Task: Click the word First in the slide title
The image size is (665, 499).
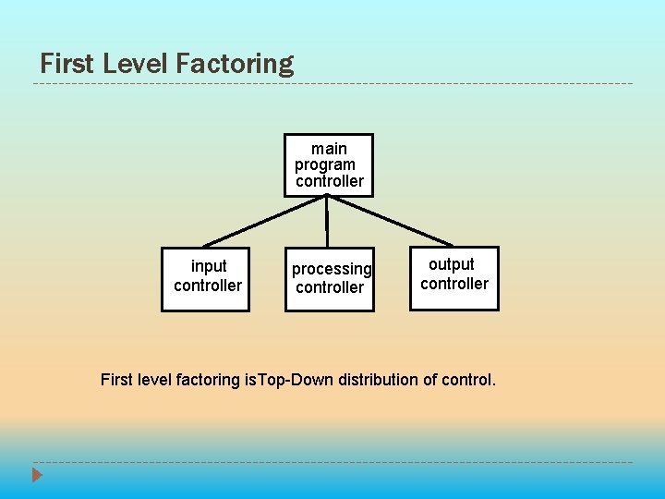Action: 67,64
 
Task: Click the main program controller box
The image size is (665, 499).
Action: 329,165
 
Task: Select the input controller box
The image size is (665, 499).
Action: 205,279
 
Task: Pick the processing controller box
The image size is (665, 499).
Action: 329,279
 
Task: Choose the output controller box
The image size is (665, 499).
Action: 453,278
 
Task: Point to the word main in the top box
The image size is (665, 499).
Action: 329,149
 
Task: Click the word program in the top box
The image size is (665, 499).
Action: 325,165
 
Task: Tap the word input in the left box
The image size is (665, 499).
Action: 209,266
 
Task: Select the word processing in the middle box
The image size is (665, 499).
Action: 332,269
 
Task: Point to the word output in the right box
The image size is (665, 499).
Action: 452,264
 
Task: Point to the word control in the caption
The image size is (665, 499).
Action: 468,380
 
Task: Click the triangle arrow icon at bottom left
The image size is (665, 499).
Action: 37,477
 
